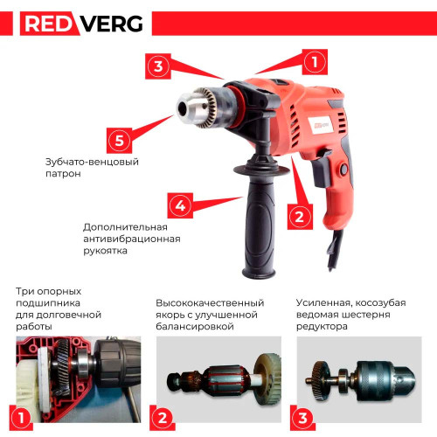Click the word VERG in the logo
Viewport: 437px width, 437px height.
111,24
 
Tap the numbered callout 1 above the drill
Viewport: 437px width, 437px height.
315,62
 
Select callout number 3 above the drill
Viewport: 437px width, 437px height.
158,66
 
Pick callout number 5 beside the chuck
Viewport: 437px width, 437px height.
119,141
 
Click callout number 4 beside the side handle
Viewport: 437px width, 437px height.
180,205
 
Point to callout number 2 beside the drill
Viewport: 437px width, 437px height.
300,217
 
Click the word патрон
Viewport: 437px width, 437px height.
63,174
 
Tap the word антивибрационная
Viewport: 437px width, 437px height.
132,239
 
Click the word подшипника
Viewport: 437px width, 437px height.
48,303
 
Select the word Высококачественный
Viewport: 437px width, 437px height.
210,303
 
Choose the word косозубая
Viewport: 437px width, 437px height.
380,303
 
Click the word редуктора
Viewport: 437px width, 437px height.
322,327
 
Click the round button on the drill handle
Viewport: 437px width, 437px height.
344,169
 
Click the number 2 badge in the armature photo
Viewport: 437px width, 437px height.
163,418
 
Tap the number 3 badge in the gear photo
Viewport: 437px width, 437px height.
302,418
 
